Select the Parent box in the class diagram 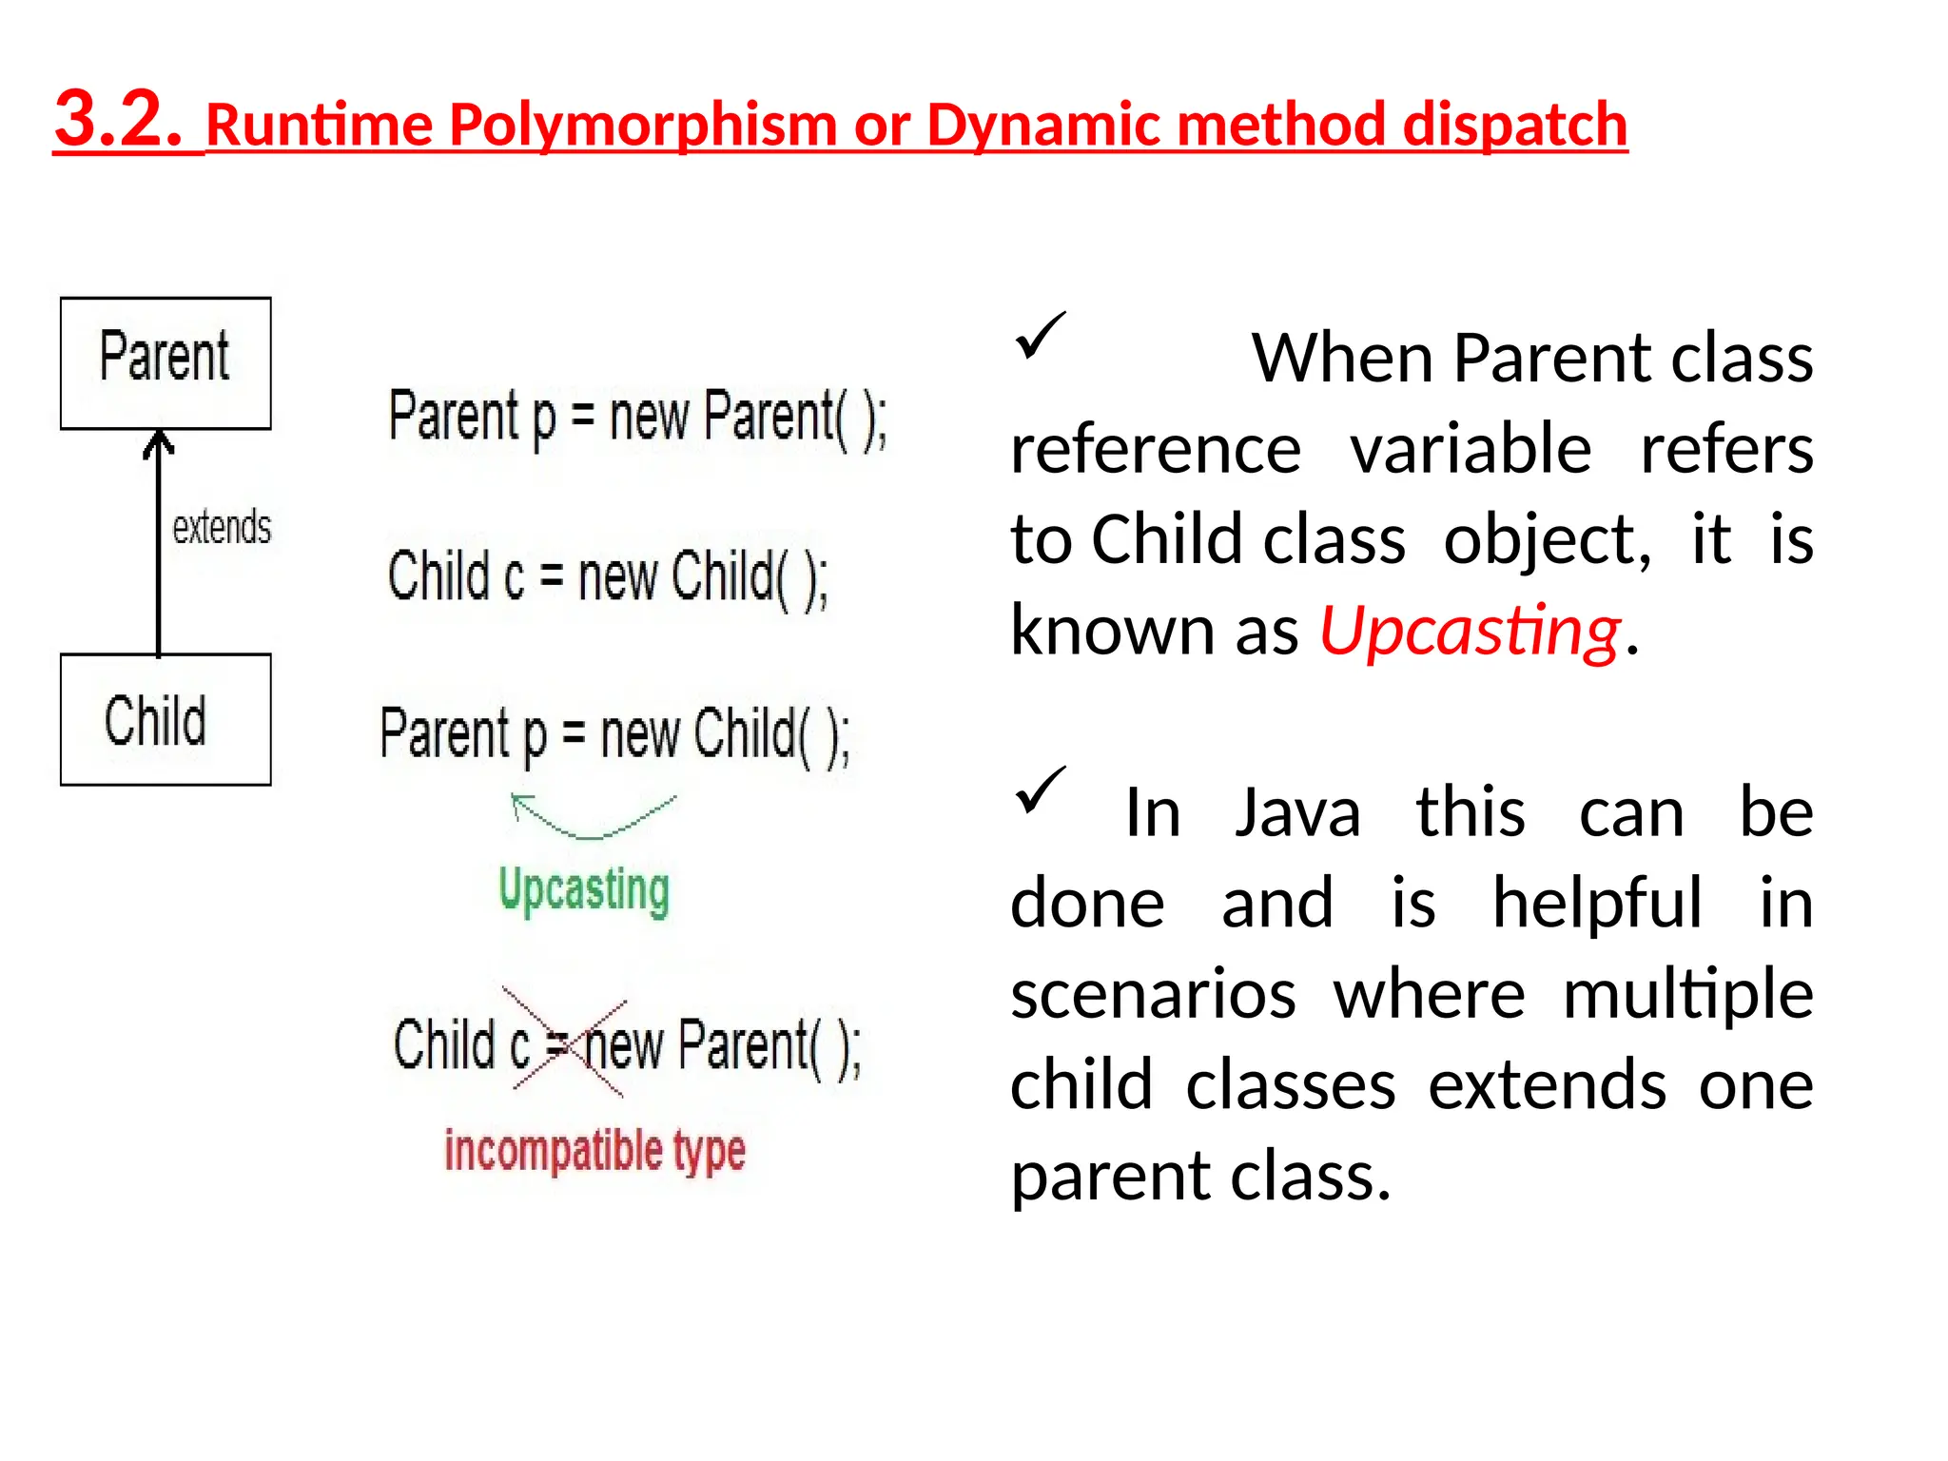[x=166, y=362]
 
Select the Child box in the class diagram [x=166, y=719]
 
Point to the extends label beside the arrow [x=222, y=527]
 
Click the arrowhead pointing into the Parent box [x=159, y=443]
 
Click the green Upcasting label [x=584, y=890]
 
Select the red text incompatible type [x=594, y=1150]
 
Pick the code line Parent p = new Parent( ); [x=637, y=419]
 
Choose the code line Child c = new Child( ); [x=607, y=577]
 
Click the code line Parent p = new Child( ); [x=614, y=734]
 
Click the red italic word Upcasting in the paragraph [x=1470, y=632]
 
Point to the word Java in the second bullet [x=1297, y=813]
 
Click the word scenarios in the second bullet [x=1153, y=995]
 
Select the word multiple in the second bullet [x=1687, y=995]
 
